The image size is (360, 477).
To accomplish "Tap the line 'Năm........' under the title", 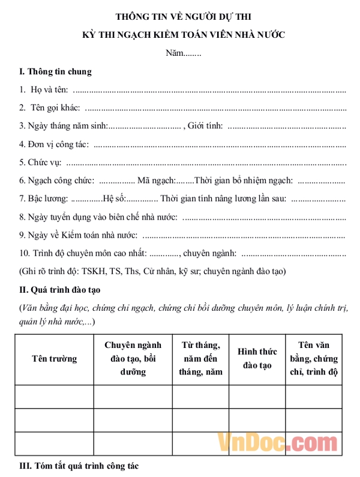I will (x=183, y=53).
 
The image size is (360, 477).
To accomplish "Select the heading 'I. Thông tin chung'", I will (x=56, y=72).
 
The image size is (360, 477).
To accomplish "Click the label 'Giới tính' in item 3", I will (x=205, y=126).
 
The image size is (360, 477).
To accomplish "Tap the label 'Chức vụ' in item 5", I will (x=44, y=163).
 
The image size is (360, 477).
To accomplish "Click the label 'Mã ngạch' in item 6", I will (x=156, y=181).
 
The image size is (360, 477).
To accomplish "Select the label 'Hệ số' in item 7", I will (x=114, y=199).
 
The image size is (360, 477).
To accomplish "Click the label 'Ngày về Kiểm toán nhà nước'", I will (x=79, y=235).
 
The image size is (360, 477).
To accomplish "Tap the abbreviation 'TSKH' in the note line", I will (x=94, y=271).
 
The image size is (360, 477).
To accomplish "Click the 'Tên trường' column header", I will (x=54, y=359).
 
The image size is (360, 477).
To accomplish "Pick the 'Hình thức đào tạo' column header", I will (x=257, y=358).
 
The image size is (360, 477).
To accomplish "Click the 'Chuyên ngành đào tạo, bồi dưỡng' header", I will (x=133, y=358).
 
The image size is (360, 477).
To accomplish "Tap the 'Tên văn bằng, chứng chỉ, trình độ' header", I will (x=314, y=358).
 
